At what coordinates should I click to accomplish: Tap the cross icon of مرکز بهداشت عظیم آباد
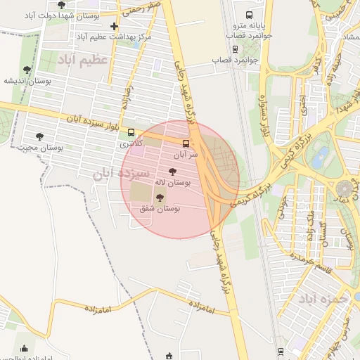115,27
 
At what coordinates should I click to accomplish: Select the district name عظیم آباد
84,60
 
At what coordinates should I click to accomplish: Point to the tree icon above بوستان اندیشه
27,70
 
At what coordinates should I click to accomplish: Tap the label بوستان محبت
41,148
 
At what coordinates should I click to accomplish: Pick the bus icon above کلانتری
131,132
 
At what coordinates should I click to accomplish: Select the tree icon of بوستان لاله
172,172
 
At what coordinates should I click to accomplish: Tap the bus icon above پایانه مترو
249,15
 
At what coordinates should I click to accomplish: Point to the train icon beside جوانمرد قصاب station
235,49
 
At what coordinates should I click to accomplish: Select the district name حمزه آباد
323,299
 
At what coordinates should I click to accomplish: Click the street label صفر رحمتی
146,6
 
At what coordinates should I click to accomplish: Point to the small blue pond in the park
321,155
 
